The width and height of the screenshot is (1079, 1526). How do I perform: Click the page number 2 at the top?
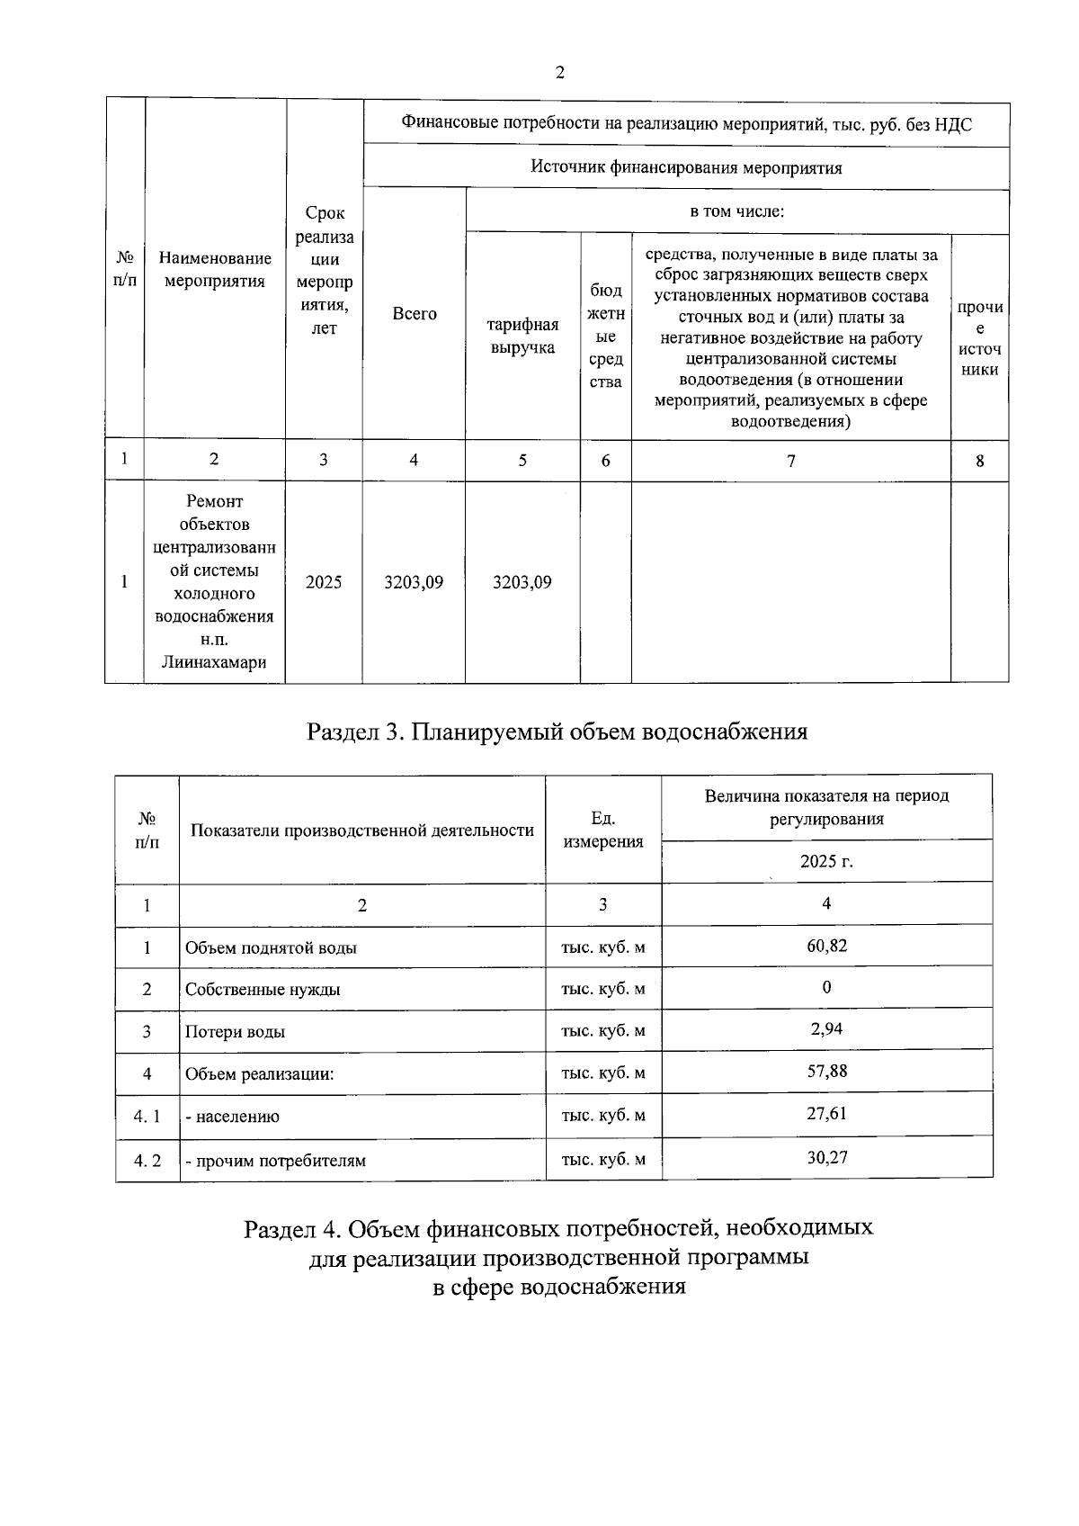(560, 73)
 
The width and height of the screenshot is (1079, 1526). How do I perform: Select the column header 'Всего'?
(415, 314)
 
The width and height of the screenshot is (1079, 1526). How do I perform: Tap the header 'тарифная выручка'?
(522, 336)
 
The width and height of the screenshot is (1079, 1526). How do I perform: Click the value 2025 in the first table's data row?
(324, 582)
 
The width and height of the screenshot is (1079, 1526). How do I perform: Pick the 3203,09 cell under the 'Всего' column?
(414, 582)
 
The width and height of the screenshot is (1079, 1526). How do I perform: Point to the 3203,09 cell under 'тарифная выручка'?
(522, 582)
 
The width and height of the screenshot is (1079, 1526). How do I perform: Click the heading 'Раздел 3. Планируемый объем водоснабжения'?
(557, 731)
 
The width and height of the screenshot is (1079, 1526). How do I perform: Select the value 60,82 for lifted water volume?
(826, 946)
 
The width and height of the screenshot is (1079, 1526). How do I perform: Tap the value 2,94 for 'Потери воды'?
(826, 1028)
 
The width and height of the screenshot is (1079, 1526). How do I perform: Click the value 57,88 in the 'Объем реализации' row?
(826, 1071)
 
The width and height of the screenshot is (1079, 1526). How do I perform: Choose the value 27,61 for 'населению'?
(826, 1113)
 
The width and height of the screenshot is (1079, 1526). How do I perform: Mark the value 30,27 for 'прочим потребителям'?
(826, 1157)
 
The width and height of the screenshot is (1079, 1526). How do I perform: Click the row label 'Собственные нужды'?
(263, 990)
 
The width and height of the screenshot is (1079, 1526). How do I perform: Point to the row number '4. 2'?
(147, 1160)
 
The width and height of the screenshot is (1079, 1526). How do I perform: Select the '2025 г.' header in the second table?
(826, 861)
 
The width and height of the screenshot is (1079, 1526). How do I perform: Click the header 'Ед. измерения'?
(602, 830)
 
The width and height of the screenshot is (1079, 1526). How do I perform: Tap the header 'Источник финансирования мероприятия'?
(686, 167)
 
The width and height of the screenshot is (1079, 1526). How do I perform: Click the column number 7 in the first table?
(790, 461)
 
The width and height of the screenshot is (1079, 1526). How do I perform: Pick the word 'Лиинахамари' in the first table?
(214, 663)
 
